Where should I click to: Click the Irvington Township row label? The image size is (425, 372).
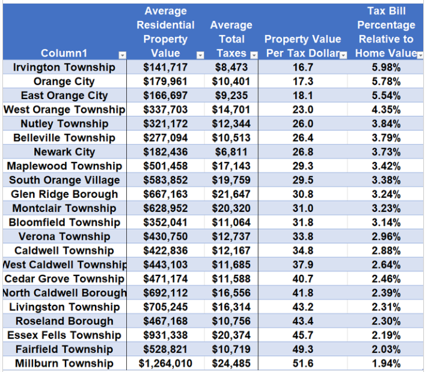64,67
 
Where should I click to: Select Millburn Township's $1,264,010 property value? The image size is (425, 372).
165,364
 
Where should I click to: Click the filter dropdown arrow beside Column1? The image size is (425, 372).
122,55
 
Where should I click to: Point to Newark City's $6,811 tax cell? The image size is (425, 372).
231,152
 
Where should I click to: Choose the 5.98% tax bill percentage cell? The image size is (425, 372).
386,67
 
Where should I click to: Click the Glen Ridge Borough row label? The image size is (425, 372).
64,194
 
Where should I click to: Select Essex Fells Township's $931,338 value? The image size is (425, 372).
165,335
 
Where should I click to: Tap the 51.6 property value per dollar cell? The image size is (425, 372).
302,364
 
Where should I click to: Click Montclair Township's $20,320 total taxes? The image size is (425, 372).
231,208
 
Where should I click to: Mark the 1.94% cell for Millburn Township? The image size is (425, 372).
386,364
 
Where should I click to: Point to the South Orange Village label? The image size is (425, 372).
64,180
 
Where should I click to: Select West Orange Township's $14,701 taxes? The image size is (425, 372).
231,110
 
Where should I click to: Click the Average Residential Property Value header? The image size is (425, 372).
165,32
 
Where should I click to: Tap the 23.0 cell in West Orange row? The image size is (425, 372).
302,110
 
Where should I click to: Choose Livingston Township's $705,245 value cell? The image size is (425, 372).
165,307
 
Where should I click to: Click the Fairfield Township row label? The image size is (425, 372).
64,349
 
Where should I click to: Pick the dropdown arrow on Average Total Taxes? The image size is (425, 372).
254,55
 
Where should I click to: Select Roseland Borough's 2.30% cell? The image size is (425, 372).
386,321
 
